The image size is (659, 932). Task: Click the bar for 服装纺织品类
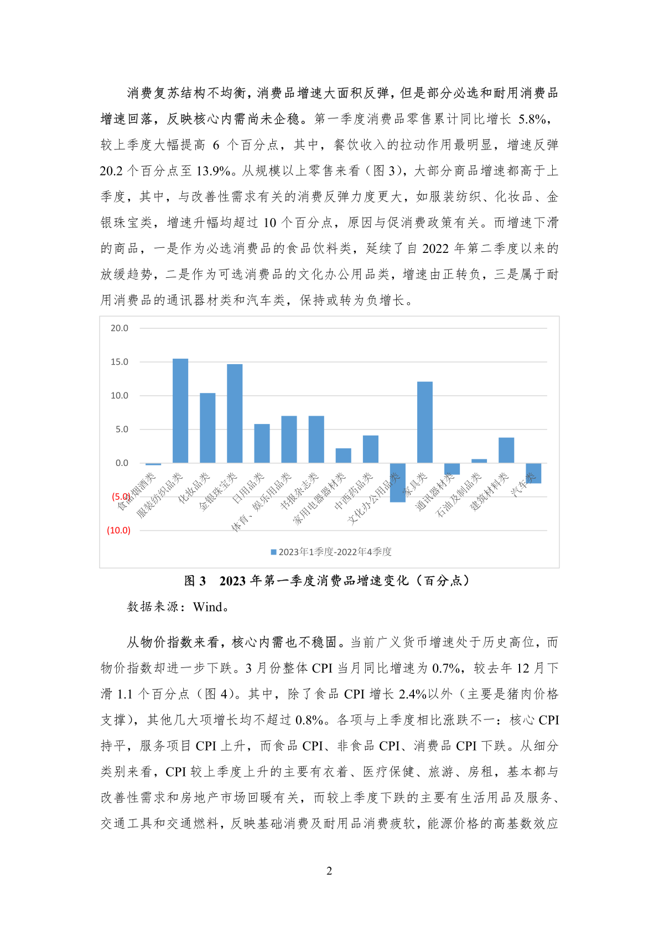point(180,411)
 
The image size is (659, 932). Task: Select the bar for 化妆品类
point(207,428)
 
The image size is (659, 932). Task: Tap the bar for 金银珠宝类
point(235,413)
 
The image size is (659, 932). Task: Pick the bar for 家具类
point(425,422)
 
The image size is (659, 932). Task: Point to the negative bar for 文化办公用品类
point(398,483)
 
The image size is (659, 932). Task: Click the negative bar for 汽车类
point(533,473)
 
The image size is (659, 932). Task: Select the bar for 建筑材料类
point(506,450)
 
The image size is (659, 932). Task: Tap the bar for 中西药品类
point(371,449)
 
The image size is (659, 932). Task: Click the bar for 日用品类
point(262,443)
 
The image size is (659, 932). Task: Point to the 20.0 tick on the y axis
point(119,328)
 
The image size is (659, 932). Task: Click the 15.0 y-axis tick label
point(119,362)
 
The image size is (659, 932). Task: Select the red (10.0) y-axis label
point(118,530)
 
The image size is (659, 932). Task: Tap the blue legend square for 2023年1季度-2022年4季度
point(273,552)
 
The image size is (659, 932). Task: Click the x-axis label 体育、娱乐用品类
point(261,502)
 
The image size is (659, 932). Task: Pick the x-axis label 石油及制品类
point(459,495)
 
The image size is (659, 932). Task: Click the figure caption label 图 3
point(195,581)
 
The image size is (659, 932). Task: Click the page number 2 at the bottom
point(329,871)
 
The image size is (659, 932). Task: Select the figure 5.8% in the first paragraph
point(533,119)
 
